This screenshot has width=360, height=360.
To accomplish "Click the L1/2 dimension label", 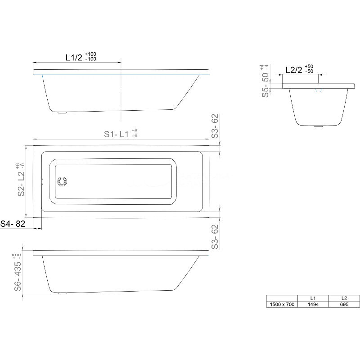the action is click(74, 58).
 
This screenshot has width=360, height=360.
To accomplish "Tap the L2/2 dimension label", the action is click(294, 70).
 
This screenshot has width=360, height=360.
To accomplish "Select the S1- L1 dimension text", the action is click(116, 134).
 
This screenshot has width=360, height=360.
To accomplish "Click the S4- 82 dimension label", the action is click(13, 224).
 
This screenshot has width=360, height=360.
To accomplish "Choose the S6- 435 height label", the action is click(18, 276).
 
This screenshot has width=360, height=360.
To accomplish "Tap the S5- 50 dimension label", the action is click(265, 85).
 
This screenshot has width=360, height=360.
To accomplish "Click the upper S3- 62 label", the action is click(215, 126).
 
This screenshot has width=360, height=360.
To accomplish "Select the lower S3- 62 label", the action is click(215, 237).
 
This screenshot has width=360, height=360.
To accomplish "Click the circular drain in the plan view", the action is click(62, 181).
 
